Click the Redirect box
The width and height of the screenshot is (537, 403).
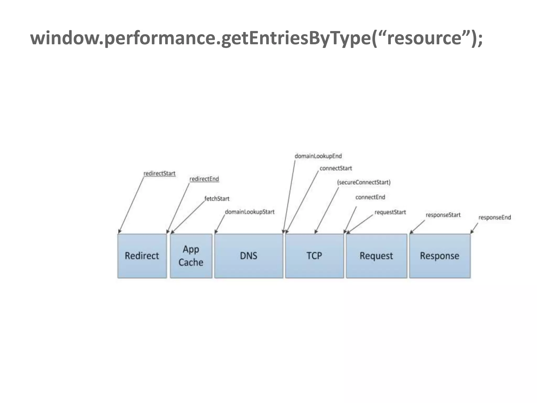(x=142, y=256)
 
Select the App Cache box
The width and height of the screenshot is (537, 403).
(x=191, y=256)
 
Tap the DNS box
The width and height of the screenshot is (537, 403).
(x=249, y=256)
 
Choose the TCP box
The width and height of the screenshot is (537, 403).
(x=314, y=256)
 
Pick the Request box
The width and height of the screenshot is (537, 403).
(x=376, y=256)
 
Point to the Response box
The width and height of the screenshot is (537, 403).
(x=440, y=256)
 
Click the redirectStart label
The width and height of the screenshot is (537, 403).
(x=159, y=173)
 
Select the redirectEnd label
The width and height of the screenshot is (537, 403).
(x=204, y=179)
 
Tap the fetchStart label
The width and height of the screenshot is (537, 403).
(x=217, y=199)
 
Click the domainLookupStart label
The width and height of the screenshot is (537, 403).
(x=250, y=212)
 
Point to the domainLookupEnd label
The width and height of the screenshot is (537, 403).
(x=318, y=156)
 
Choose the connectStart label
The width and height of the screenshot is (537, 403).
(x=336, y=168)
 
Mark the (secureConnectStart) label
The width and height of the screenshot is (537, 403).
(x=364, y=182)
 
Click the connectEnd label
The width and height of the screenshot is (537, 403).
(x=370, y=197)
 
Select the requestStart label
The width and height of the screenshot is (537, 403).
(x=390, y=212)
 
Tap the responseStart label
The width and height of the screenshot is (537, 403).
(x=443, y=215)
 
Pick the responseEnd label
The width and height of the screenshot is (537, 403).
(x=495, y=218)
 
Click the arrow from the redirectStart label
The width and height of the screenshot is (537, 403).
(x=131, y=205)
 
